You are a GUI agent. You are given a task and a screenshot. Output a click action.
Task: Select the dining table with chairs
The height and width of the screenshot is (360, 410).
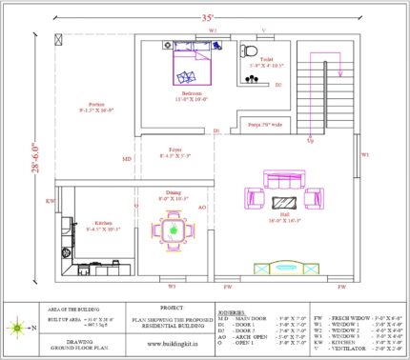point(173,230)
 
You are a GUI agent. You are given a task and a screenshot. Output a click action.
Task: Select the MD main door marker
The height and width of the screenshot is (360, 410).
point(127,159)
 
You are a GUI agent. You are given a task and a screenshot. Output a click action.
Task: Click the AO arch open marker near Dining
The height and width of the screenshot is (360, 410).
point(201,206)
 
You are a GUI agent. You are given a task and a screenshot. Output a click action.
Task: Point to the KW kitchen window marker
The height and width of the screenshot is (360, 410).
point(50,202)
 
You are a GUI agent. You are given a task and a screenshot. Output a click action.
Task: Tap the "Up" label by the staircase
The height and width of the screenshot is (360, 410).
point(310,140)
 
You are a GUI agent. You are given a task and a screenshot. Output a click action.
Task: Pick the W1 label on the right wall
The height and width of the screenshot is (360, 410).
point(364,153)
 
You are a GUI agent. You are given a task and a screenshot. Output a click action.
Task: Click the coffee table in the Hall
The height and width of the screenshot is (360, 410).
point(283,201)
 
